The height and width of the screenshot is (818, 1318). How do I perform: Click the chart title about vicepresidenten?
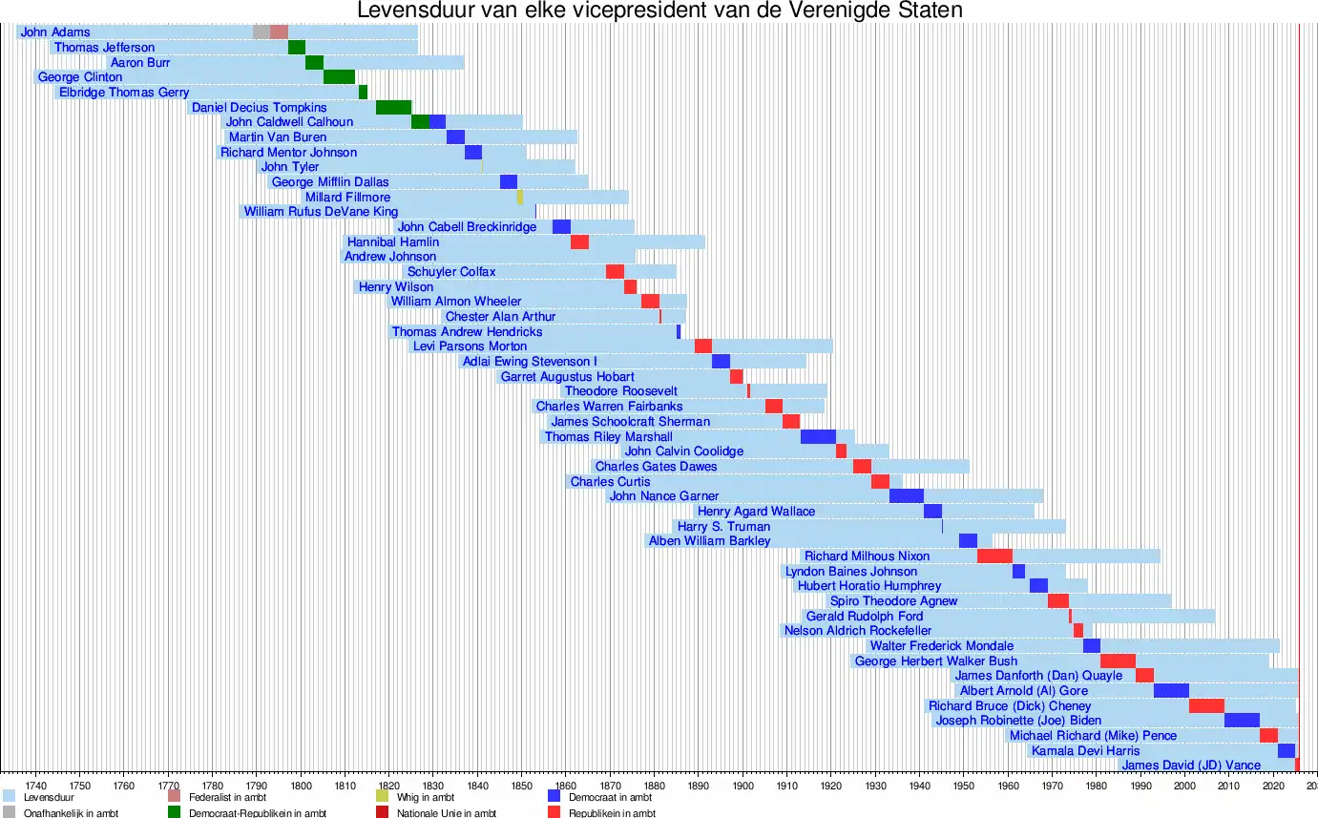pyautogui.click(x=659, y=10)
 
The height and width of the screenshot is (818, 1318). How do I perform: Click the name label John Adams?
pyautogui.click(x=55, y=32)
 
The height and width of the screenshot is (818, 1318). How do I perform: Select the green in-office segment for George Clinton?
pyautogui.click(x=339, y=77)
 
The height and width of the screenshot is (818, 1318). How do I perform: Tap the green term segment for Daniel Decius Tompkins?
pyautogui.click(x=393, y=108)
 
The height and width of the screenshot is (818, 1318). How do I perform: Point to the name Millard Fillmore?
pyautogui.click(x=347, y=198)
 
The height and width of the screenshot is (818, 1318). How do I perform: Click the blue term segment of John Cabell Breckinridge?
pyautogui.click(x=561, y=227)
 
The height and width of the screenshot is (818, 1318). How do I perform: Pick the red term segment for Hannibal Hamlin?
pyautogui.click(x=579, y=242)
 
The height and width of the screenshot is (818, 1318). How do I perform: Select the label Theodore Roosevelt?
pyautogui.click(x=620, y=391)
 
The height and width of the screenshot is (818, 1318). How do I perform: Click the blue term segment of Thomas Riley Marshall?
pyautogui.click(x=818, y=437)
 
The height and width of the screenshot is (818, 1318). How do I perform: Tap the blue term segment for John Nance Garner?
pyautogui.click(x=907, y=496)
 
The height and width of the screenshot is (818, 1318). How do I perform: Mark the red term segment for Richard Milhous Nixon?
pyautogui.click(x=994, y=556)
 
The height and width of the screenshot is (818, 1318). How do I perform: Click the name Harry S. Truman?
pyautogui.click(x=723, y=527)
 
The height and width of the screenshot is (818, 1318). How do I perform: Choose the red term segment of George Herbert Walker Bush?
pyautogui.click(x=1118, y=661)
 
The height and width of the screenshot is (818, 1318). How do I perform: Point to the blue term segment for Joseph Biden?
pyautogui.click(x=1242, y=721)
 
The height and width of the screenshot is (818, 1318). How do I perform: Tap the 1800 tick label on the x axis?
pyautogui.click(x=301, y=785)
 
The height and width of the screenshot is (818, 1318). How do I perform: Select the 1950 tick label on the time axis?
pyautogui.click(x=963, y=785)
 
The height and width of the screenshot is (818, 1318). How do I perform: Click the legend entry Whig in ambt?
pyautogui.click(x=425, y=797)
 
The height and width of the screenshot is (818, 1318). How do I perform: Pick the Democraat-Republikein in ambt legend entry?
pyautogui.click(x=235, y=813)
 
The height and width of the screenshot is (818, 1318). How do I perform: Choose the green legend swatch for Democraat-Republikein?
pyautogui.click(x=175, y=812)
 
